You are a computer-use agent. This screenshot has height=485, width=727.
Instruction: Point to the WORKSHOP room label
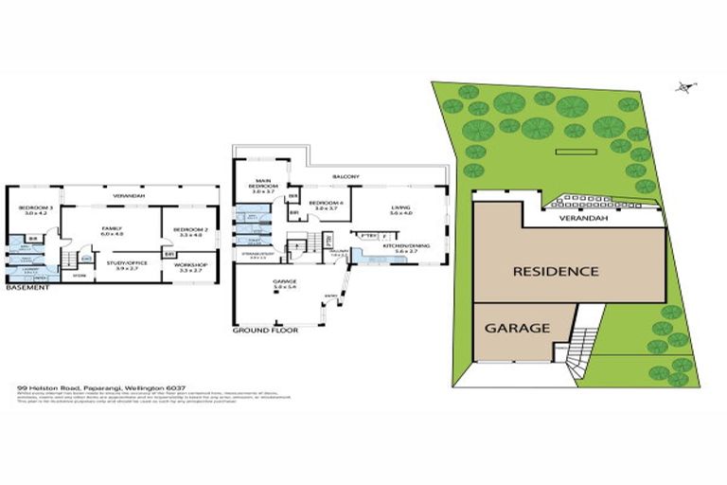point(189,266)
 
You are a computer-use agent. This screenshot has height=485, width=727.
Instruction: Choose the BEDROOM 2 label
point(189,229)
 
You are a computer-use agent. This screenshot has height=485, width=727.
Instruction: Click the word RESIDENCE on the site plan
point(556,271)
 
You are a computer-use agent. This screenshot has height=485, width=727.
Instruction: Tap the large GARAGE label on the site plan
point(518,329)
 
